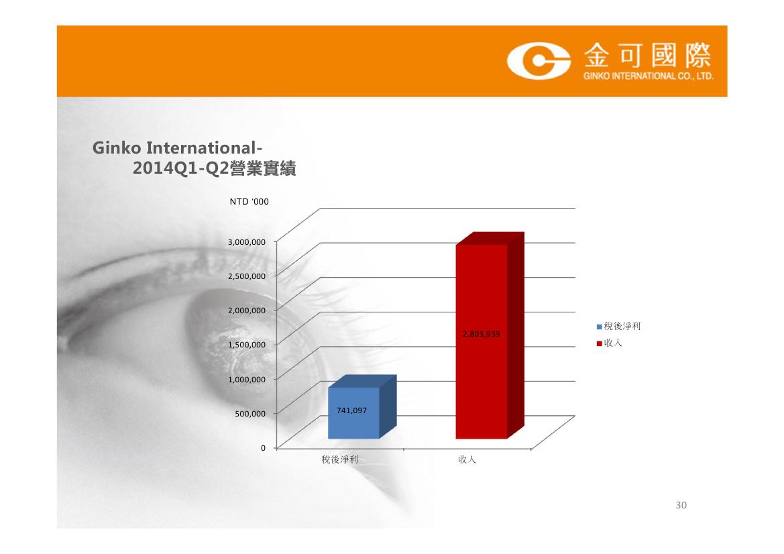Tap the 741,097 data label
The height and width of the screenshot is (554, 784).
[351, 410]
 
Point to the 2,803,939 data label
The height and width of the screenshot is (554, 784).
[481, 334]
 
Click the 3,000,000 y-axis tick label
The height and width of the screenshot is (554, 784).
[247, 242]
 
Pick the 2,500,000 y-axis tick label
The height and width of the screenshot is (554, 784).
[247, 276]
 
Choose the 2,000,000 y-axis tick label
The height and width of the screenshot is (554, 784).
[247, 311]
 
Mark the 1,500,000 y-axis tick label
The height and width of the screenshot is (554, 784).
[247, 345]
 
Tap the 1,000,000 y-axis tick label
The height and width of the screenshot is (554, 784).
[247, 380]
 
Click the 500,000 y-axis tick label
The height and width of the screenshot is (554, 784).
[251, 414]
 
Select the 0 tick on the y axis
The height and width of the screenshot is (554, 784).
[263, 448]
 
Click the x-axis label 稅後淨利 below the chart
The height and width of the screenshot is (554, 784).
[339, 459]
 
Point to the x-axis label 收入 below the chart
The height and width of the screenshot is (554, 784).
[467, 459]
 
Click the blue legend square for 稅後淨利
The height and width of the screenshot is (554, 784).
[599, 327]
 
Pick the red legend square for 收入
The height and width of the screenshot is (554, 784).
[599, 343]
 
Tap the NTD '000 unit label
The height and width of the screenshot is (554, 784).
[249, 201]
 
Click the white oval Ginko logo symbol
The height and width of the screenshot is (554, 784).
[539, 61]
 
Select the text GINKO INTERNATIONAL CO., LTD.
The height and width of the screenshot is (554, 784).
[648, 76]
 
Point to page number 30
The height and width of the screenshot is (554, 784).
[681, 505]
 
